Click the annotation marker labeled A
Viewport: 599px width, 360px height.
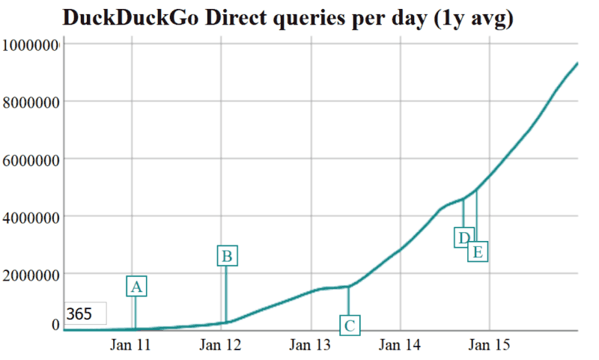136,287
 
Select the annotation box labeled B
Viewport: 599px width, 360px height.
227,256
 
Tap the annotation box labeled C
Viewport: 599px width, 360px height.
349,325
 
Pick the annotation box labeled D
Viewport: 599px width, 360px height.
463,237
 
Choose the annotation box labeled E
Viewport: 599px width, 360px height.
478,251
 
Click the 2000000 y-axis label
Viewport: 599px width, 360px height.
31,274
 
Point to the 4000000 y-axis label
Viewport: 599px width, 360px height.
31,217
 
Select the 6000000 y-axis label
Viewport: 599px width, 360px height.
31,159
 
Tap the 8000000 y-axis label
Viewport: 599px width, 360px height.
31,102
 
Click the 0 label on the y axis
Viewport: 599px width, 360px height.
55,324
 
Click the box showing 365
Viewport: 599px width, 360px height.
84,314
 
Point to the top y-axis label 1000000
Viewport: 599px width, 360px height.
31,45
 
